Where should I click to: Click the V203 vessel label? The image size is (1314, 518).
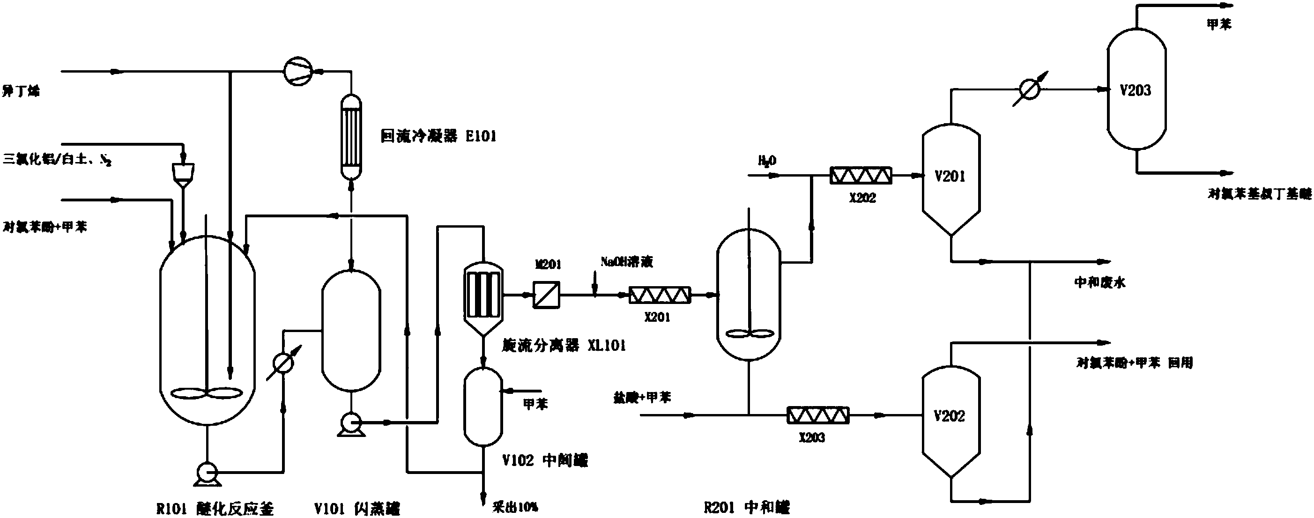click(x=1136, y=91)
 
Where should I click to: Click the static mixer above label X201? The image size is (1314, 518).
click(x=659, y=295)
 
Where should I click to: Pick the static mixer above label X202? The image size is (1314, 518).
click(x=861, y=176)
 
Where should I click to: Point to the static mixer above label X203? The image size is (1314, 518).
click(x=818, y=415)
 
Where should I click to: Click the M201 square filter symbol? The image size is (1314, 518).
click(x=546, y=295)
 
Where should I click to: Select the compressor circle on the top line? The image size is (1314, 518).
click(x=298, y=71)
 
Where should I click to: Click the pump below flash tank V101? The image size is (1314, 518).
click(x=351, y=422)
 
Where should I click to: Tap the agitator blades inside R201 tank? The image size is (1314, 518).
click(x=749, y=334)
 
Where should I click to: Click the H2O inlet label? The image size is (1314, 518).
click(x=767, y=161)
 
